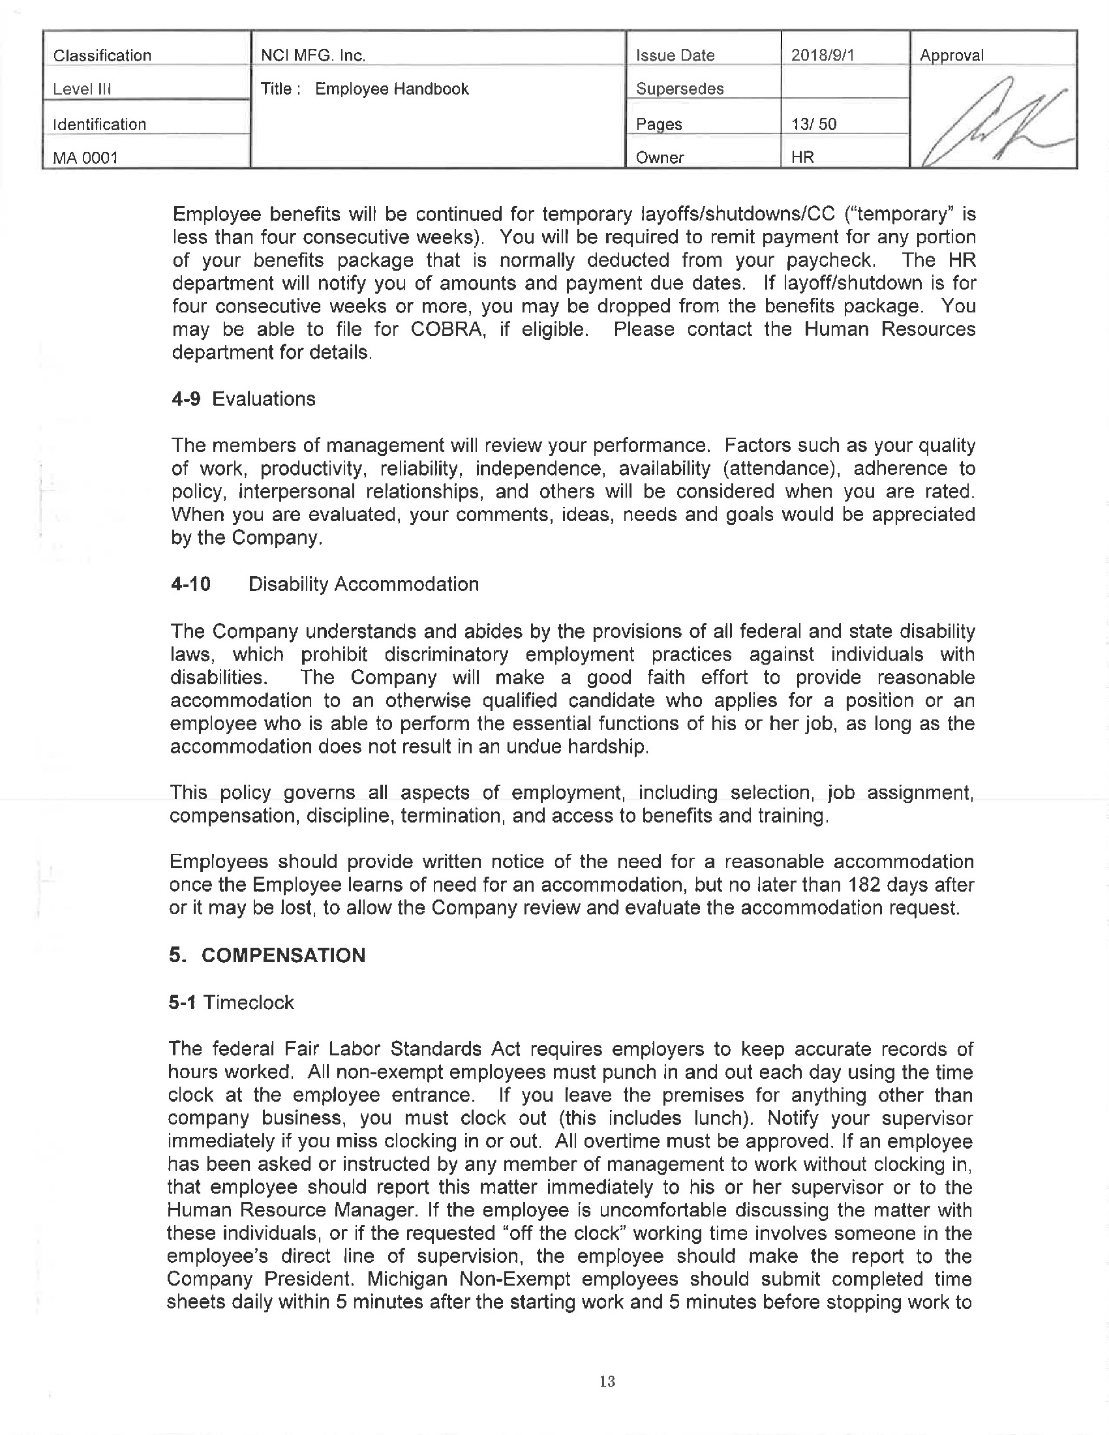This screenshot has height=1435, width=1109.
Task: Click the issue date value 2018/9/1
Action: pyautogui.click(x=823, y=55)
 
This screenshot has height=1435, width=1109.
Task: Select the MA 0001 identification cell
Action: pyautogui.click(x=85, y=158)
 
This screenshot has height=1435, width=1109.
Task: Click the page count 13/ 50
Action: pyautogui.click(x=814, y=123)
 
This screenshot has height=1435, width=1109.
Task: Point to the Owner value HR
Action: pyautogui.click(x=803, y=158)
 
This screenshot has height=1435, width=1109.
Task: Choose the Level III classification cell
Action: pyautogui.click(x=82, y=89)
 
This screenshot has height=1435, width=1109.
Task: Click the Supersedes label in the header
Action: pyautogui.click(x=680, y=89)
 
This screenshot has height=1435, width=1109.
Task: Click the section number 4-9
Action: pyautogui.click(x=186, y=399)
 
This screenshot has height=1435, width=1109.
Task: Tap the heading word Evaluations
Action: pyautogui.click(x=264, y=399)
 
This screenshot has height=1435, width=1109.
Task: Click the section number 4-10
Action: pyautogui.click(x=190, y=584)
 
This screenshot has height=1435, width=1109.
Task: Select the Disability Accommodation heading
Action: pyautogui.click(x=363, y=584)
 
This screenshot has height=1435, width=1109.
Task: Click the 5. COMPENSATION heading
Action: pyautogui.click(x=267, y=955)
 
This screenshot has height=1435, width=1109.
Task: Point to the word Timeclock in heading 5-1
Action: pyautogui.click(x=249, y=1002)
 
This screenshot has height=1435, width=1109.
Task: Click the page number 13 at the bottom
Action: pyautogui.click(x=607, y=1381)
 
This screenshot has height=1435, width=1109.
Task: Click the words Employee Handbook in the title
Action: pyautogui.click(x=391, y=89)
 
